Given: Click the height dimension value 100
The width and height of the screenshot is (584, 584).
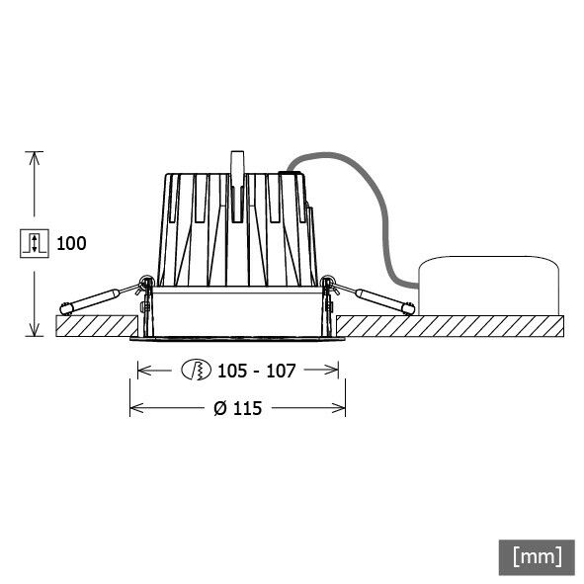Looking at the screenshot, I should tap(72, 243).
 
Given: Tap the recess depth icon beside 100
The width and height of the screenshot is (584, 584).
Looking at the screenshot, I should tap(34, 243).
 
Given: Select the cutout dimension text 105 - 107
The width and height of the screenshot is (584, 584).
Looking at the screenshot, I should tap(256, 371).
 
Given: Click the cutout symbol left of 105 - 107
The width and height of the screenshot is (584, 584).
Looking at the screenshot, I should tap(197, 371).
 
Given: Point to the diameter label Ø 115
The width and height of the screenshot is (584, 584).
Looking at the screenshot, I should tap(237, 407).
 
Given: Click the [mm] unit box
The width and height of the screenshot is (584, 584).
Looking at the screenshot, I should tap(537, 555).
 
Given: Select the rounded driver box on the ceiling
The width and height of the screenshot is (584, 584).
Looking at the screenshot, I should tap(489, 287).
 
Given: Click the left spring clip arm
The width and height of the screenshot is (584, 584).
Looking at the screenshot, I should tap(94, 298).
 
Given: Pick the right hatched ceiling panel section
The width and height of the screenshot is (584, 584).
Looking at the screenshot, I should tap(450, 325).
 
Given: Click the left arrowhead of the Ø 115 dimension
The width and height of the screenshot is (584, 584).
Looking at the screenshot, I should tap(136, 407).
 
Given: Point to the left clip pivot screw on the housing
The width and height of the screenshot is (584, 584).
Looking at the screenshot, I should tap(146, 286).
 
